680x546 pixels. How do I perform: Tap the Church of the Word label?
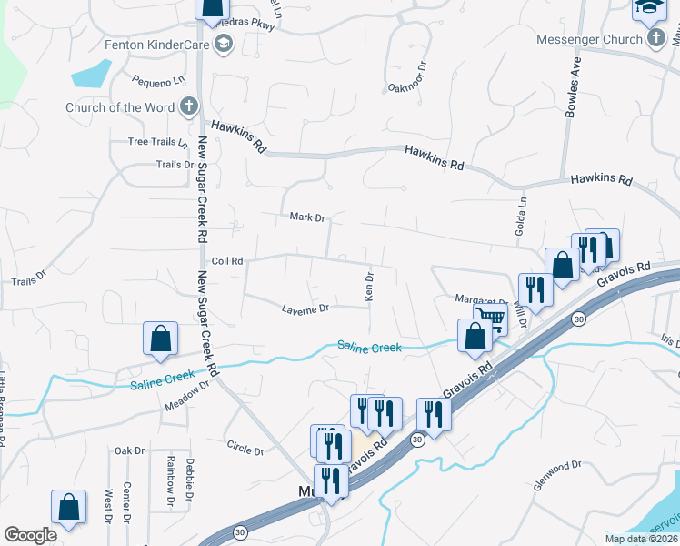point(120,107)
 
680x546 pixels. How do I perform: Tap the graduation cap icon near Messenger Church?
point(649,9)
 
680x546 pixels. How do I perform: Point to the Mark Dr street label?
point(307,217)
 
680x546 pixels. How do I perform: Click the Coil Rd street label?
point(226,261)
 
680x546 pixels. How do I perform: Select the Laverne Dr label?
point(305,308)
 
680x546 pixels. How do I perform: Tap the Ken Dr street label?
point(369,286)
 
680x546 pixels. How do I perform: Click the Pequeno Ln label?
point(157,81)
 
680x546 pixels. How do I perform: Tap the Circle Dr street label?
point(245,450)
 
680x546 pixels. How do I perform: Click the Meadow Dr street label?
point(187,390)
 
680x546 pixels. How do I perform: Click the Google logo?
point(30,535)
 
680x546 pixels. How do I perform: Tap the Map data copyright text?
point(640,539)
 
